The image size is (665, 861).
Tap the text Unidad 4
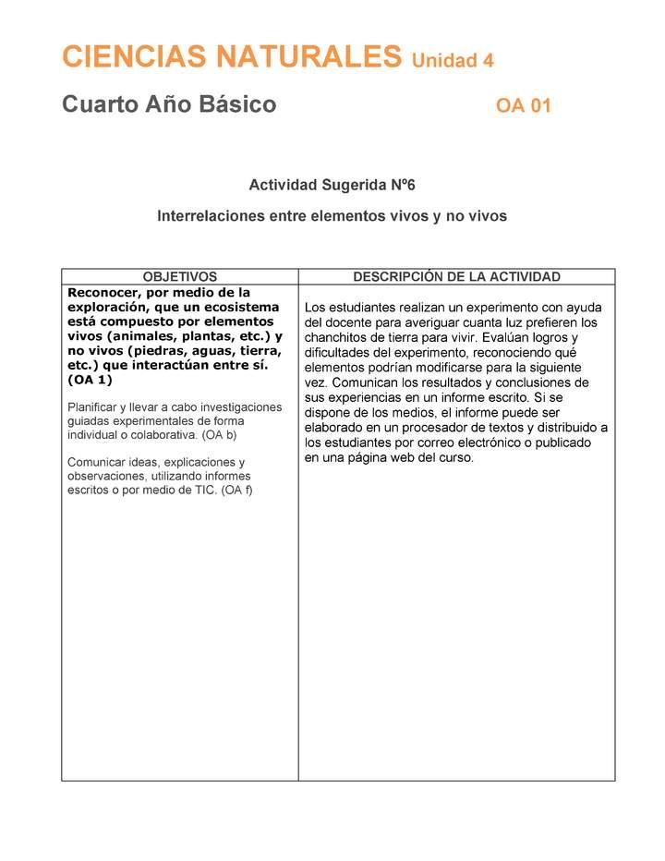[453, 61]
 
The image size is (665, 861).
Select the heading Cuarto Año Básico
[169, 104]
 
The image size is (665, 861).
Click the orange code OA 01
[523, 105]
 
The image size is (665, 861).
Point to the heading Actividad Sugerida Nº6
[332, 185]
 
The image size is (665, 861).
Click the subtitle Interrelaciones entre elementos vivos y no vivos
[332, 216]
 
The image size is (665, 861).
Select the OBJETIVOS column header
[180, 276]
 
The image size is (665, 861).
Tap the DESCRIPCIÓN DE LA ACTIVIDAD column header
[456, 276]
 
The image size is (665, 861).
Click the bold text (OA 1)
[91, 379]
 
